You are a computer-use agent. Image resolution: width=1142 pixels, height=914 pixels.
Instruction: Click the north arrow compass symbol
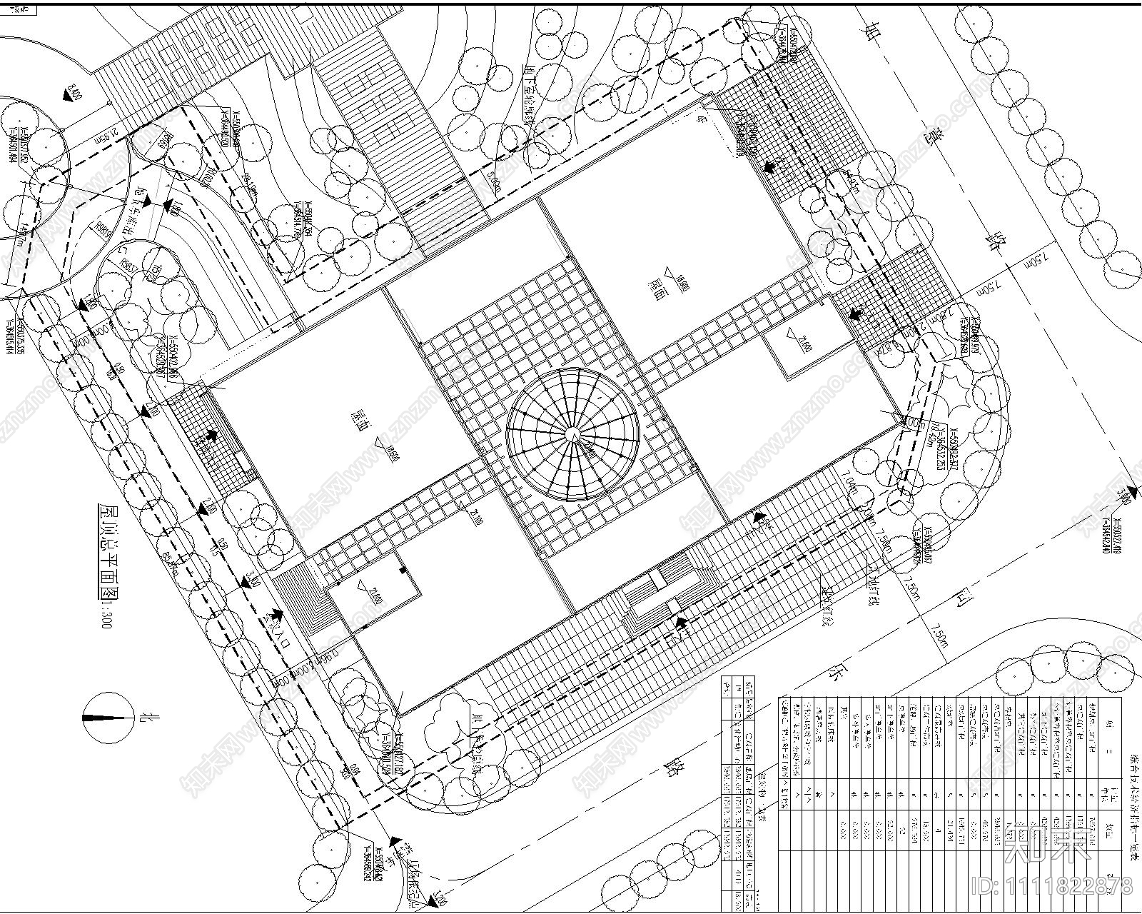tap(108, 717)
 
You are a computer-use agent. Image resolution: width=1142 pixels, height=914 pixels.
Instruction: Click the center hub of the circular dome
tap(572, 435)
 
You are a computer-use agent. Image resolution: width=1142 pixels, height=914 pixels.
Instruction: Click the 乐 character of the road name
tap(832, 676)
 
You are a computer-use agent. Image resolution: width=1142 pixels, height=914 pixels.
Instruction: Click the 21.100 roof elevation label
tap(475, 517)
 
